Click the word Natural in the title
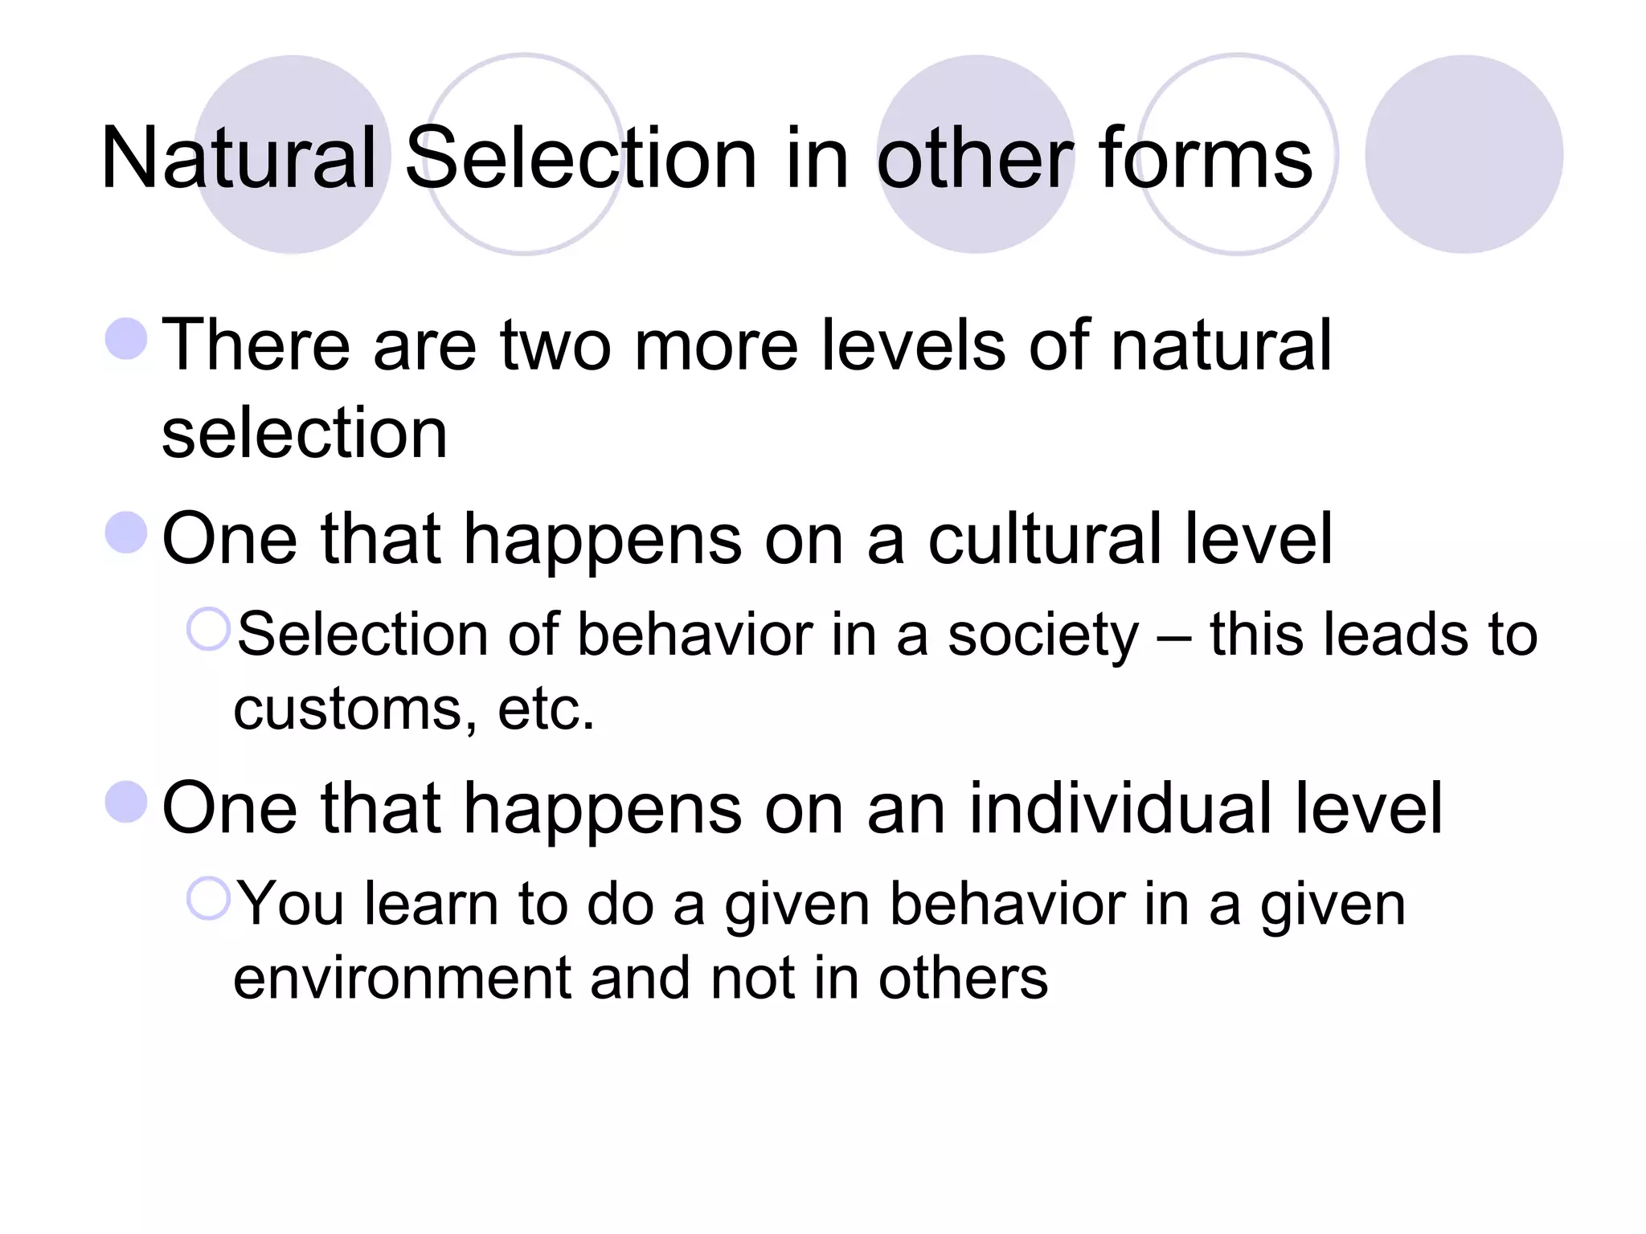(239, 158)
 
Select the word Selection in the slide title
(581, 158)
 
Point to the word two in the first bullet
(555, 345)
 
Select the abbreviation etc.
(547, 710)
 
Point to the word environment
(401, 979)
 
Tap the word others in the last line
(963, 979)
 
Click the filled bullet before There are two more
(127, 338)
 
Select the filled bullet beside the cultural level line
(127, 533)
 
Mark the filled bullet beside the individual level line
(127, 802)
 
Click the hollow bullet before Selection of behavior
(208, 629)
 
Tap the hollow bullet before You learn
(208, 898)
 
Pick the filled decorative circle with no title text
(1464, 154)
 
